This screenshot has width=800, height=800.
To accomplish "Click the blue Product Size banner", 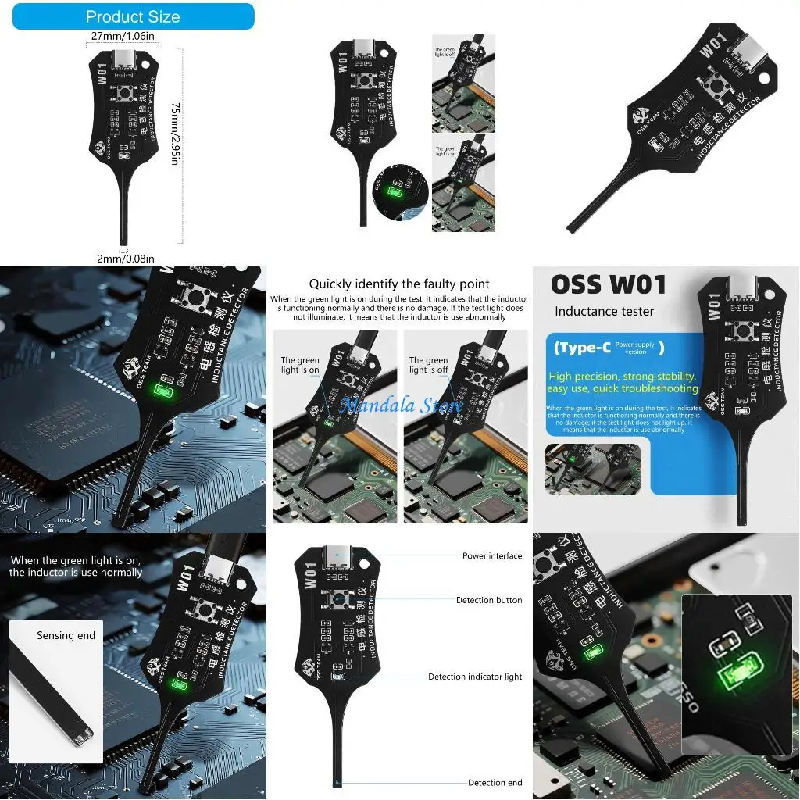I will pos(133,16).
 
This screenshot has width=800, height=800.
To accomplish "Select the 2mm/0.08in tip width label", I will pos(125,259).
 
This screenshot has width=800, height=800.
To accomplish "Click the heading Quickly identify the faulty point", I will pos(399,284).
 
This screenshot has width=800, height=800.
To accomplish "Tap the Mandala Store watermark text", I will pos(401,405).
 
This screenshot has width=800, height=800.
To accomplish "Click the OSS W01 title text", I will pos(609,284).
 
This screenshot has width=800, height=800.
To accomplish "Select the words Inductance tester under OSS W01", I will pos(599,312).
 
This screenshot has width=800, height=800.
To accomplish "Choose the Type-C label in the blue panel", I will pos(582,348).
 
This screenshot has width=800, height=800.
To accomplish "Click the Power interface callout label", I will pos(492,555).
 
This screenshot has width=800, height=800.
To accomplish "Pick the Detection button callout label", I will pos(489,600).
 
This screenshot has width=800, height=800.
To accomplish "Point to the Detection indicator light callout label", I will pos(475,677).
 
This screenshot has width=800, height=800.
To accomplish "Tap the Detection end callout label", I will pos(495,782).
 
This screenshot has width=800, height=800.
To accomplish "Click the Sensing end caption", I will pos(66,635).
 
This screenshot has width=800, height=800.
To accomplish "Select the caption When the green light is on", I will pos(76,566).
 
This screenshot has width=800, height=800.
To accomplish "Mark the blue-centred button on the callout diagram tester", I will pos(337,600).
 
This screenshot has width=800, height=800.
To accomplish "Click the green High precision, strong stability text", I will pos(623,382).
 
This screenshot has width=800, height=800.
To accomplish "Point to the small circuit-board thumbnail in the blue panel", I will pos(592,469).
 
